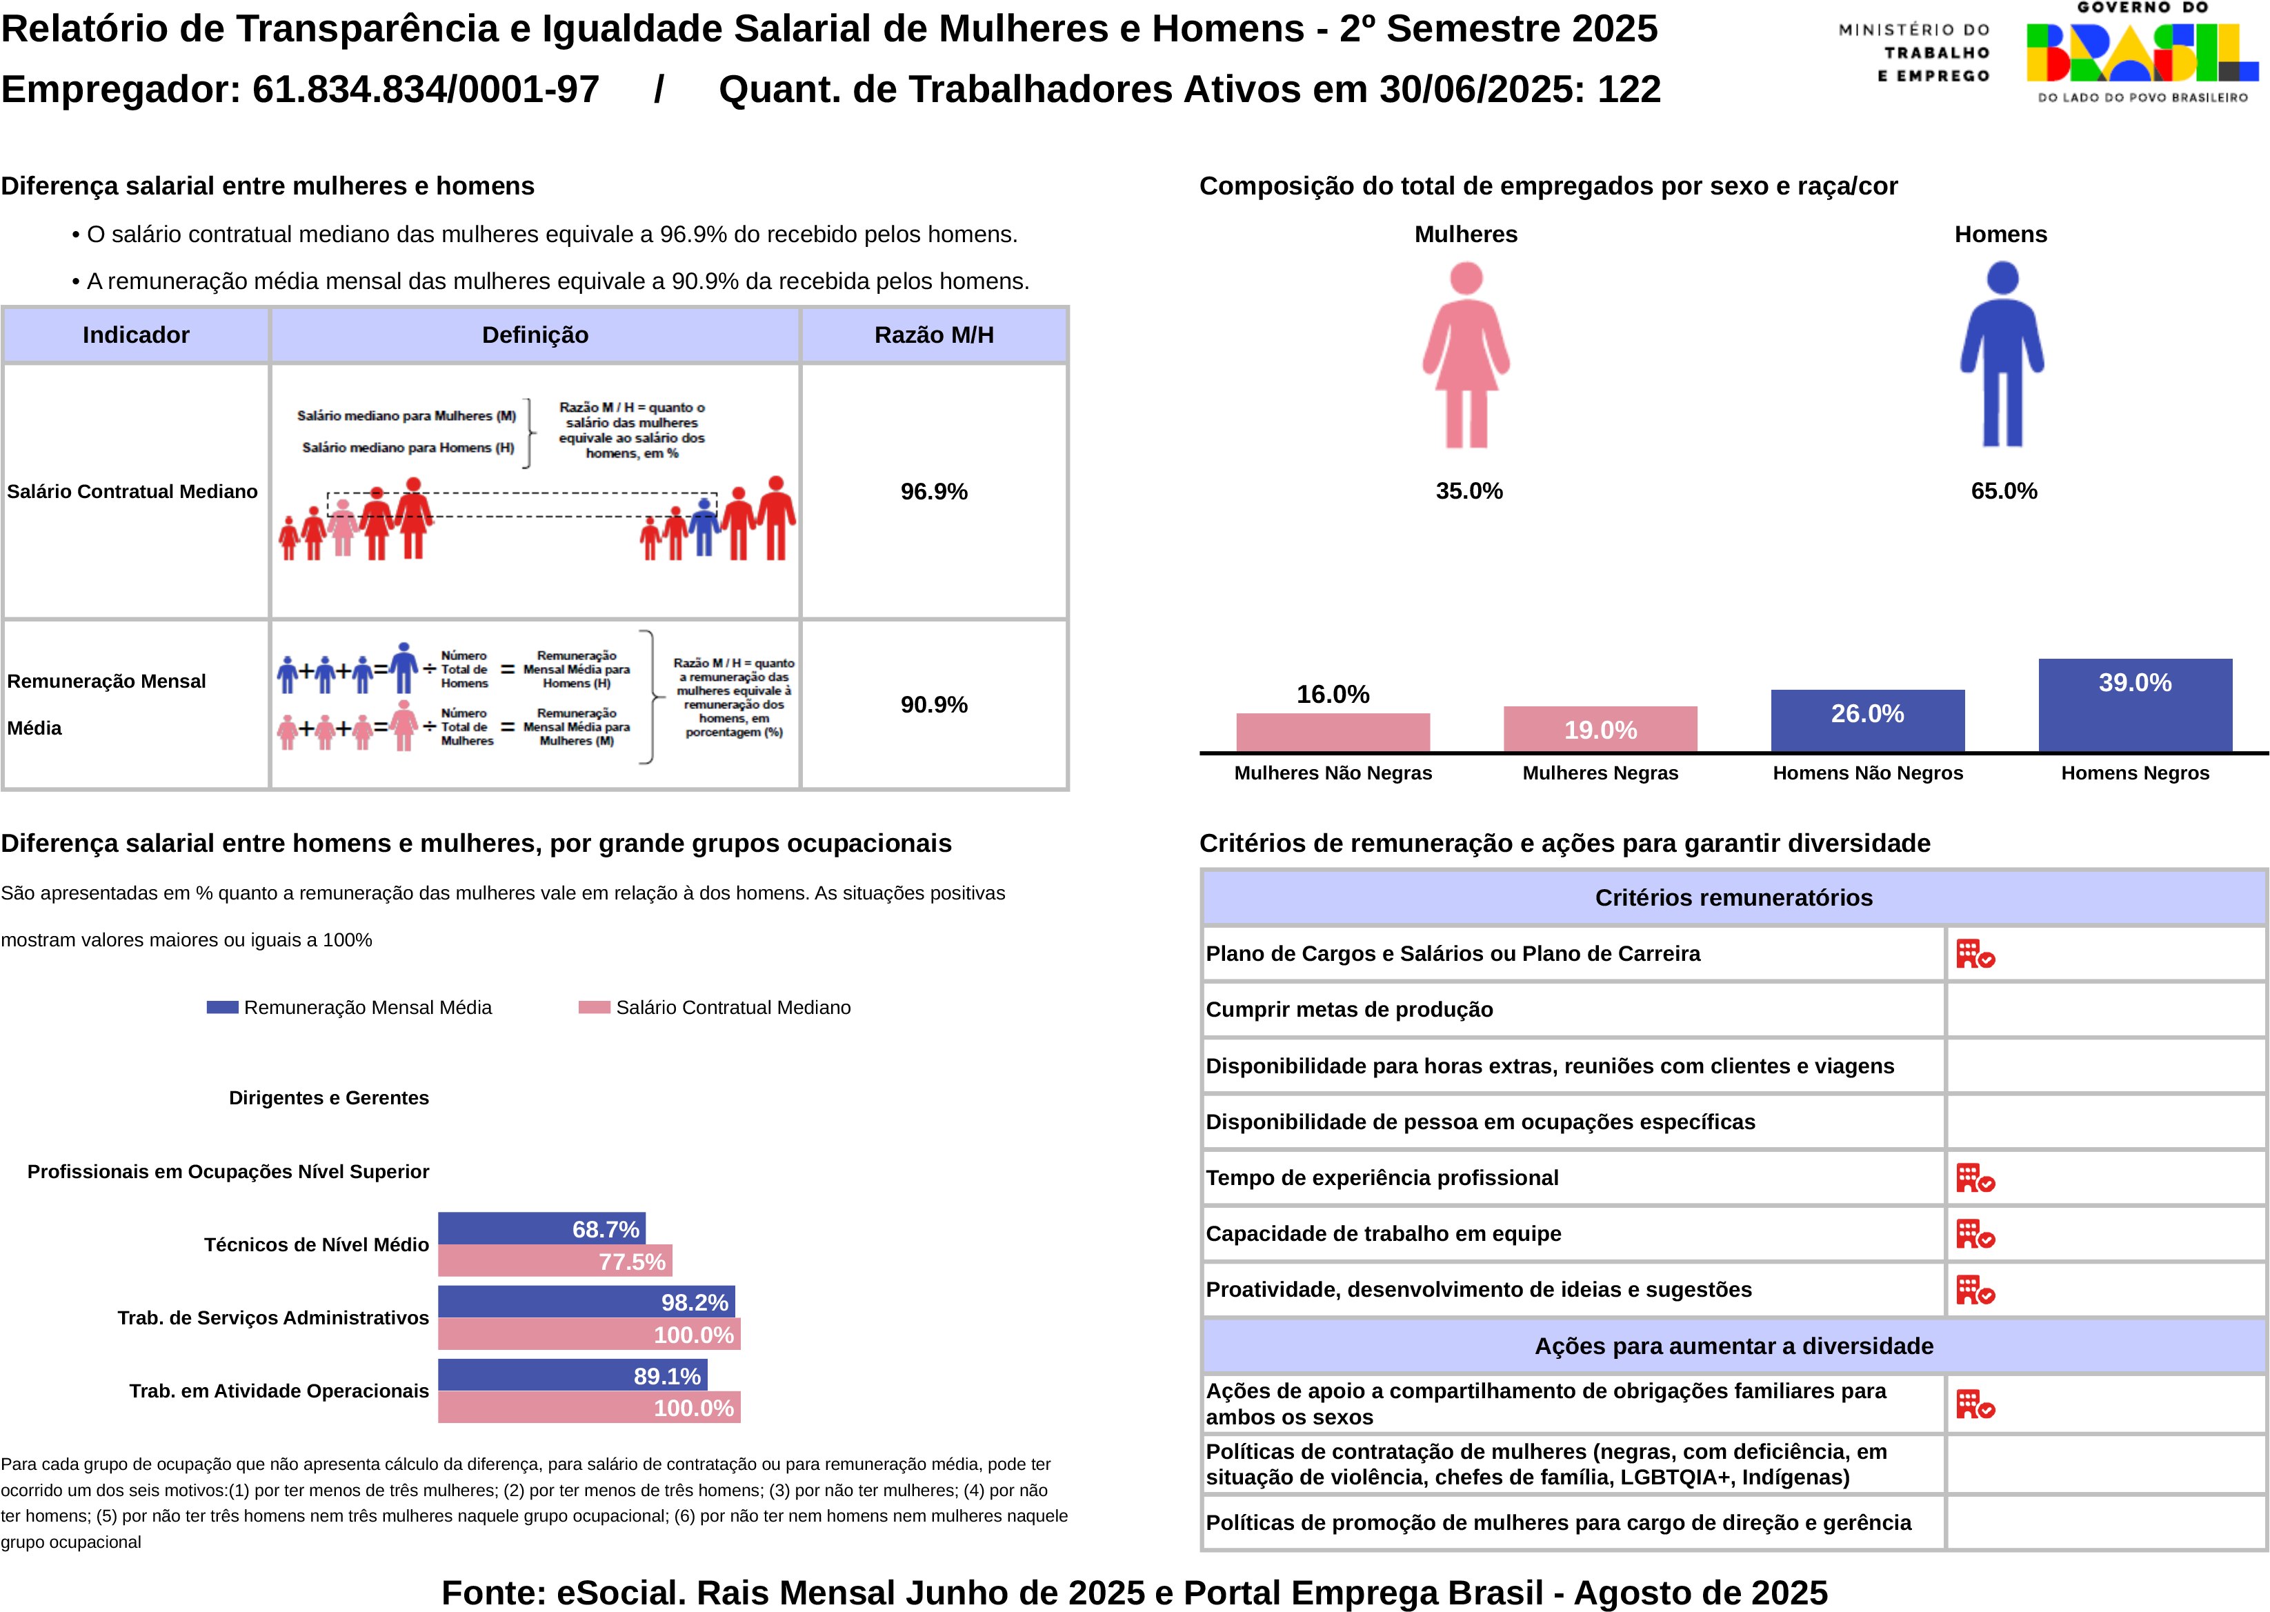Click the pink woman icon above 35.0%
1466,355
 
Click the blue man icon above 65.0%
2002,355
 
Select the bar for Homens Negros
2135,705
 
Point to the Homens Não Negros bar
1867,721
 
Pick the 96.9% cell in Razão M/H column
934,491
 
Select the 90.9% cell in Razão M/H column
934,705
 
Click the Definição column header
535,335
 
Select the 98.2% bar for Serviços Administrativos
586,1302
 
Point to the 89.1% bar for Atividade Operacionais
572,1376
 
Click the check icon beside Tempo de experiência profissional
1974,1178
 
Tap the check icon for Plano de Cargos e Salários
1974,954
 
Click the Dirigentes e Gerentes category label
328,1098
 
